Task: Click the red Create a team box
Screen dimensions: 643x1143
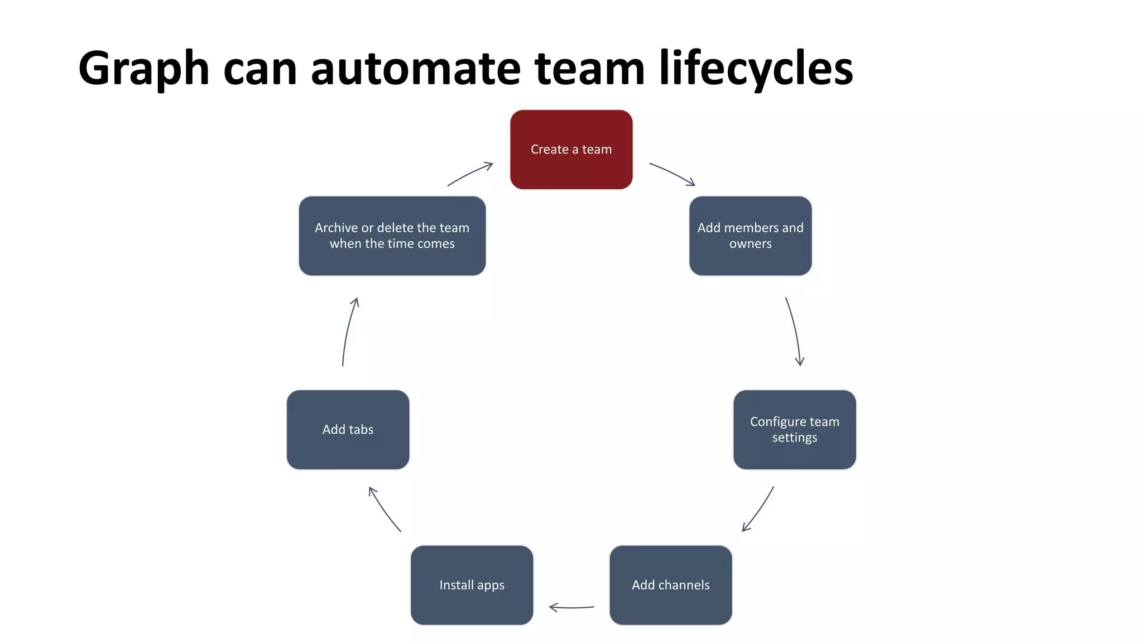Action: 571,149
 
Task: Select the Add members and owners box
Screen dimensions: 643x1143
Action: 750,236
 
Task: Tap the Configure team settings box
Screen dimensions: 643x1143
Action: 794,429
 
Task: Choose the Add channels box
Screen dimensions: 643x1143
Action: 670,585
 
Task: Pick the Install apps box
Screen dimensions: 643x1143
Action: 472,585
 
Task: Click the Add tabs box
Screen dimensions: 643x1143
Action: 348,429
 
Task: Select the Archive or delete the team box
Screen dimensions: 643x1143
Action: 392,236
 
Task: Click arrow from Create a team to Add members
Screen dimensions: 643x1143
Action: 673,173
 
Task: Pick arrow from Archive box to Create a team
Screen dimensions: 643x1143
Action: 470,173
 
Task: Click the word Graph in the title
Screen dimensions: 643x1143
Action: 143,69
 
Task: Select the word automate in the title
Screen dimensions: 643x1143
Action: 415,69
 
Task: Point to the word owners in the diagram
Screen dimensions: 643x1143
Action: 750,244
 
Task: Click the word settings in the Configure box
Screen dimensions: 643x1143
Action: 794,438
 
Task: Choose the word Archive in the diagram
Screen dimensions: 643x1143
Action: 336,228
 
